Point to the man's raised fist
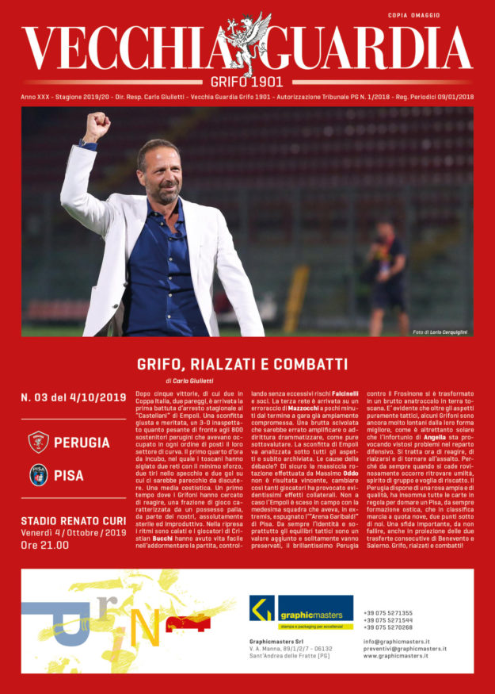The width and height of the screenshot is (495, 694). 97,125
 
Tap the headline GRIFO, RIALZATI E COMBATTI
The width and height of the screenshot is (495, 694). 242,364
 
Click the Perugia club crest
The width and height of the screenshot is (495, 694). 38,442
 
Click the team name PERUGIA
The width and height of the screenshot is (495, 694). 86,442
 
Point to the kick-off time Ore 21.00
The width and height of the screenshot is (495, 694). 44,545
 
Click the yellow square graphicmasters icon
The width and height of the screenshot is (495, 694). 261,608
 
